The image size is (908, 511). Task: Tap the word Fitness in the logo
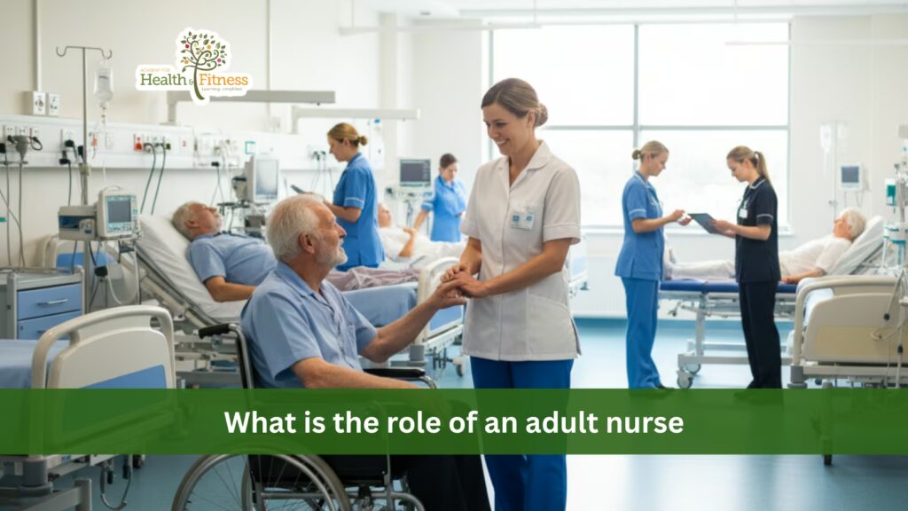point(223,78)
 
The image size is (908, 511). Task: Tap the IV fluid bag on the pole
point(104,86)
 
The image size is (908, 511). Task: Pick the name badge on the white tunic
point(522,218)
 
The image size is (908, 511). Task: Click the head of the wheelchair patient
point(301,230)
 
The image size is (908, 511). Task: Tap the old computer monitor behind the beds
point(262,178)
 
